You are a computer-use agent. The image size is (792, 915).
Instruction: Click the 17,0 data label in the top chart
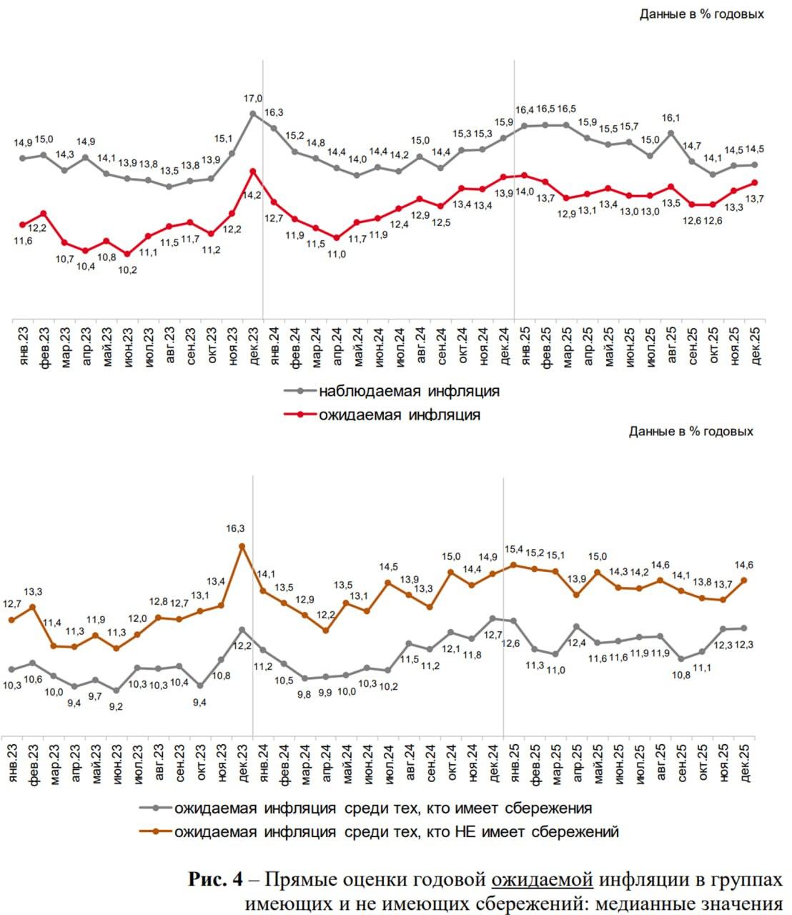coord(252,98)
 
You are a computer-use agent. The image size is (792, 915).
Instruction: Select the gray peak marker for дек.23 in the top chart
coord(253,114)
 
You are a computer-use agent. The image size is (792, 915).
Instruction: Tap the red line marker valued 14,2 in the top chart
coord(253,171)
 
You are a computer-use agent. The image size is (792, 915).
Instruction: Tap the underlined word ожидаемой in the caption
coord(542,879)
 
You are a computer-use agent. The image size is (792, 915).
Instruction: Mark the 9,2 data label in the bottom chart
coord(115,706)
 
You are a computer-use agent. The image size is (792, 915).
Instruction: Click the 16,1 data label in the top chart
coord(671,119)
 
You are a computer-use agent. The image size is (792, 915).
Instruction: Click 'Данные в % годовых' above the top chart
coord(701,14)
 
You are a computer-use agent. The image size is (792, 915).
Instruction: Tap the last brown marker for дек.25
coord(745,580)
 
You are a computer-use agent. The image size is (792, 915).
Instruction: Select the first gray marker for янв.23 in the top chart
coord(23,158)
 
